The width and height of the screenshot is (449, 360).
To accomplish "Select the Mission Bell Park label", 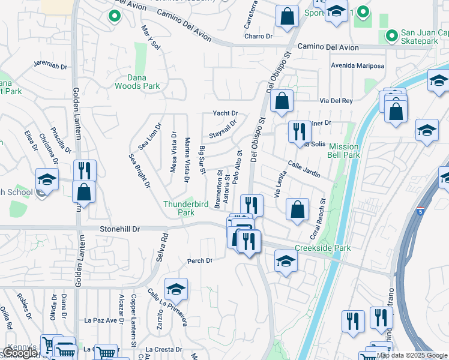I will click(x=343, y=151).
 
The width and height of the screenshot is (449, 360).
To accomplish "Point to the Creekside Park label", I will click(x=322, y=248).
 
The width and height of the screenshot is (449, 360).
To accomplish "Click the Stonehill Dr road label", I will click(x=119, y=229).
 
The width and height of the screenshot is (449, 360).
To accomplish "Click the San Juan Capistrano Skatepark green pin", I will click(x=391, y=36).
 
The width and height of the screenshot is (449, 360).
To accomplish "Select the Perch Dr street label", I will click(x=200, y=261).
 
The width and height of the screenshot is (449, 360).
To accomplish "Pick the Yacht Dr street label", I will click(x=226, y=113).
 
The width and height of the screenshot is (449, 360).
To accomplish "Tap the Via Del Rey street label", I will click(x=336, y=101).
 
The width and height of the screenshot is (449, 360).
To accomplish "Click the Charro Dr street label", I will click(x=259, y=36).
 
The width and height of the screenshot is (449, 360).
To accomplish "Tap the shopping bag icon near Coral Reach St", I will click(x=297, y=209).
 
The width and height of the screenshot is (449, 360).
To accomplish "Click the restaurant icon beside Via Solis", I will click(x=299, y=131).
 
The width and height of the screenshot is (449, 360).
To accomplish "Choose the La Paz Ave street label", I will click(x=100, y=320).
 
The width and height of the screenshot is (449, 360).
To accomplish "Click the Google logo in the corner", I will click(x=20, y=353).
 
